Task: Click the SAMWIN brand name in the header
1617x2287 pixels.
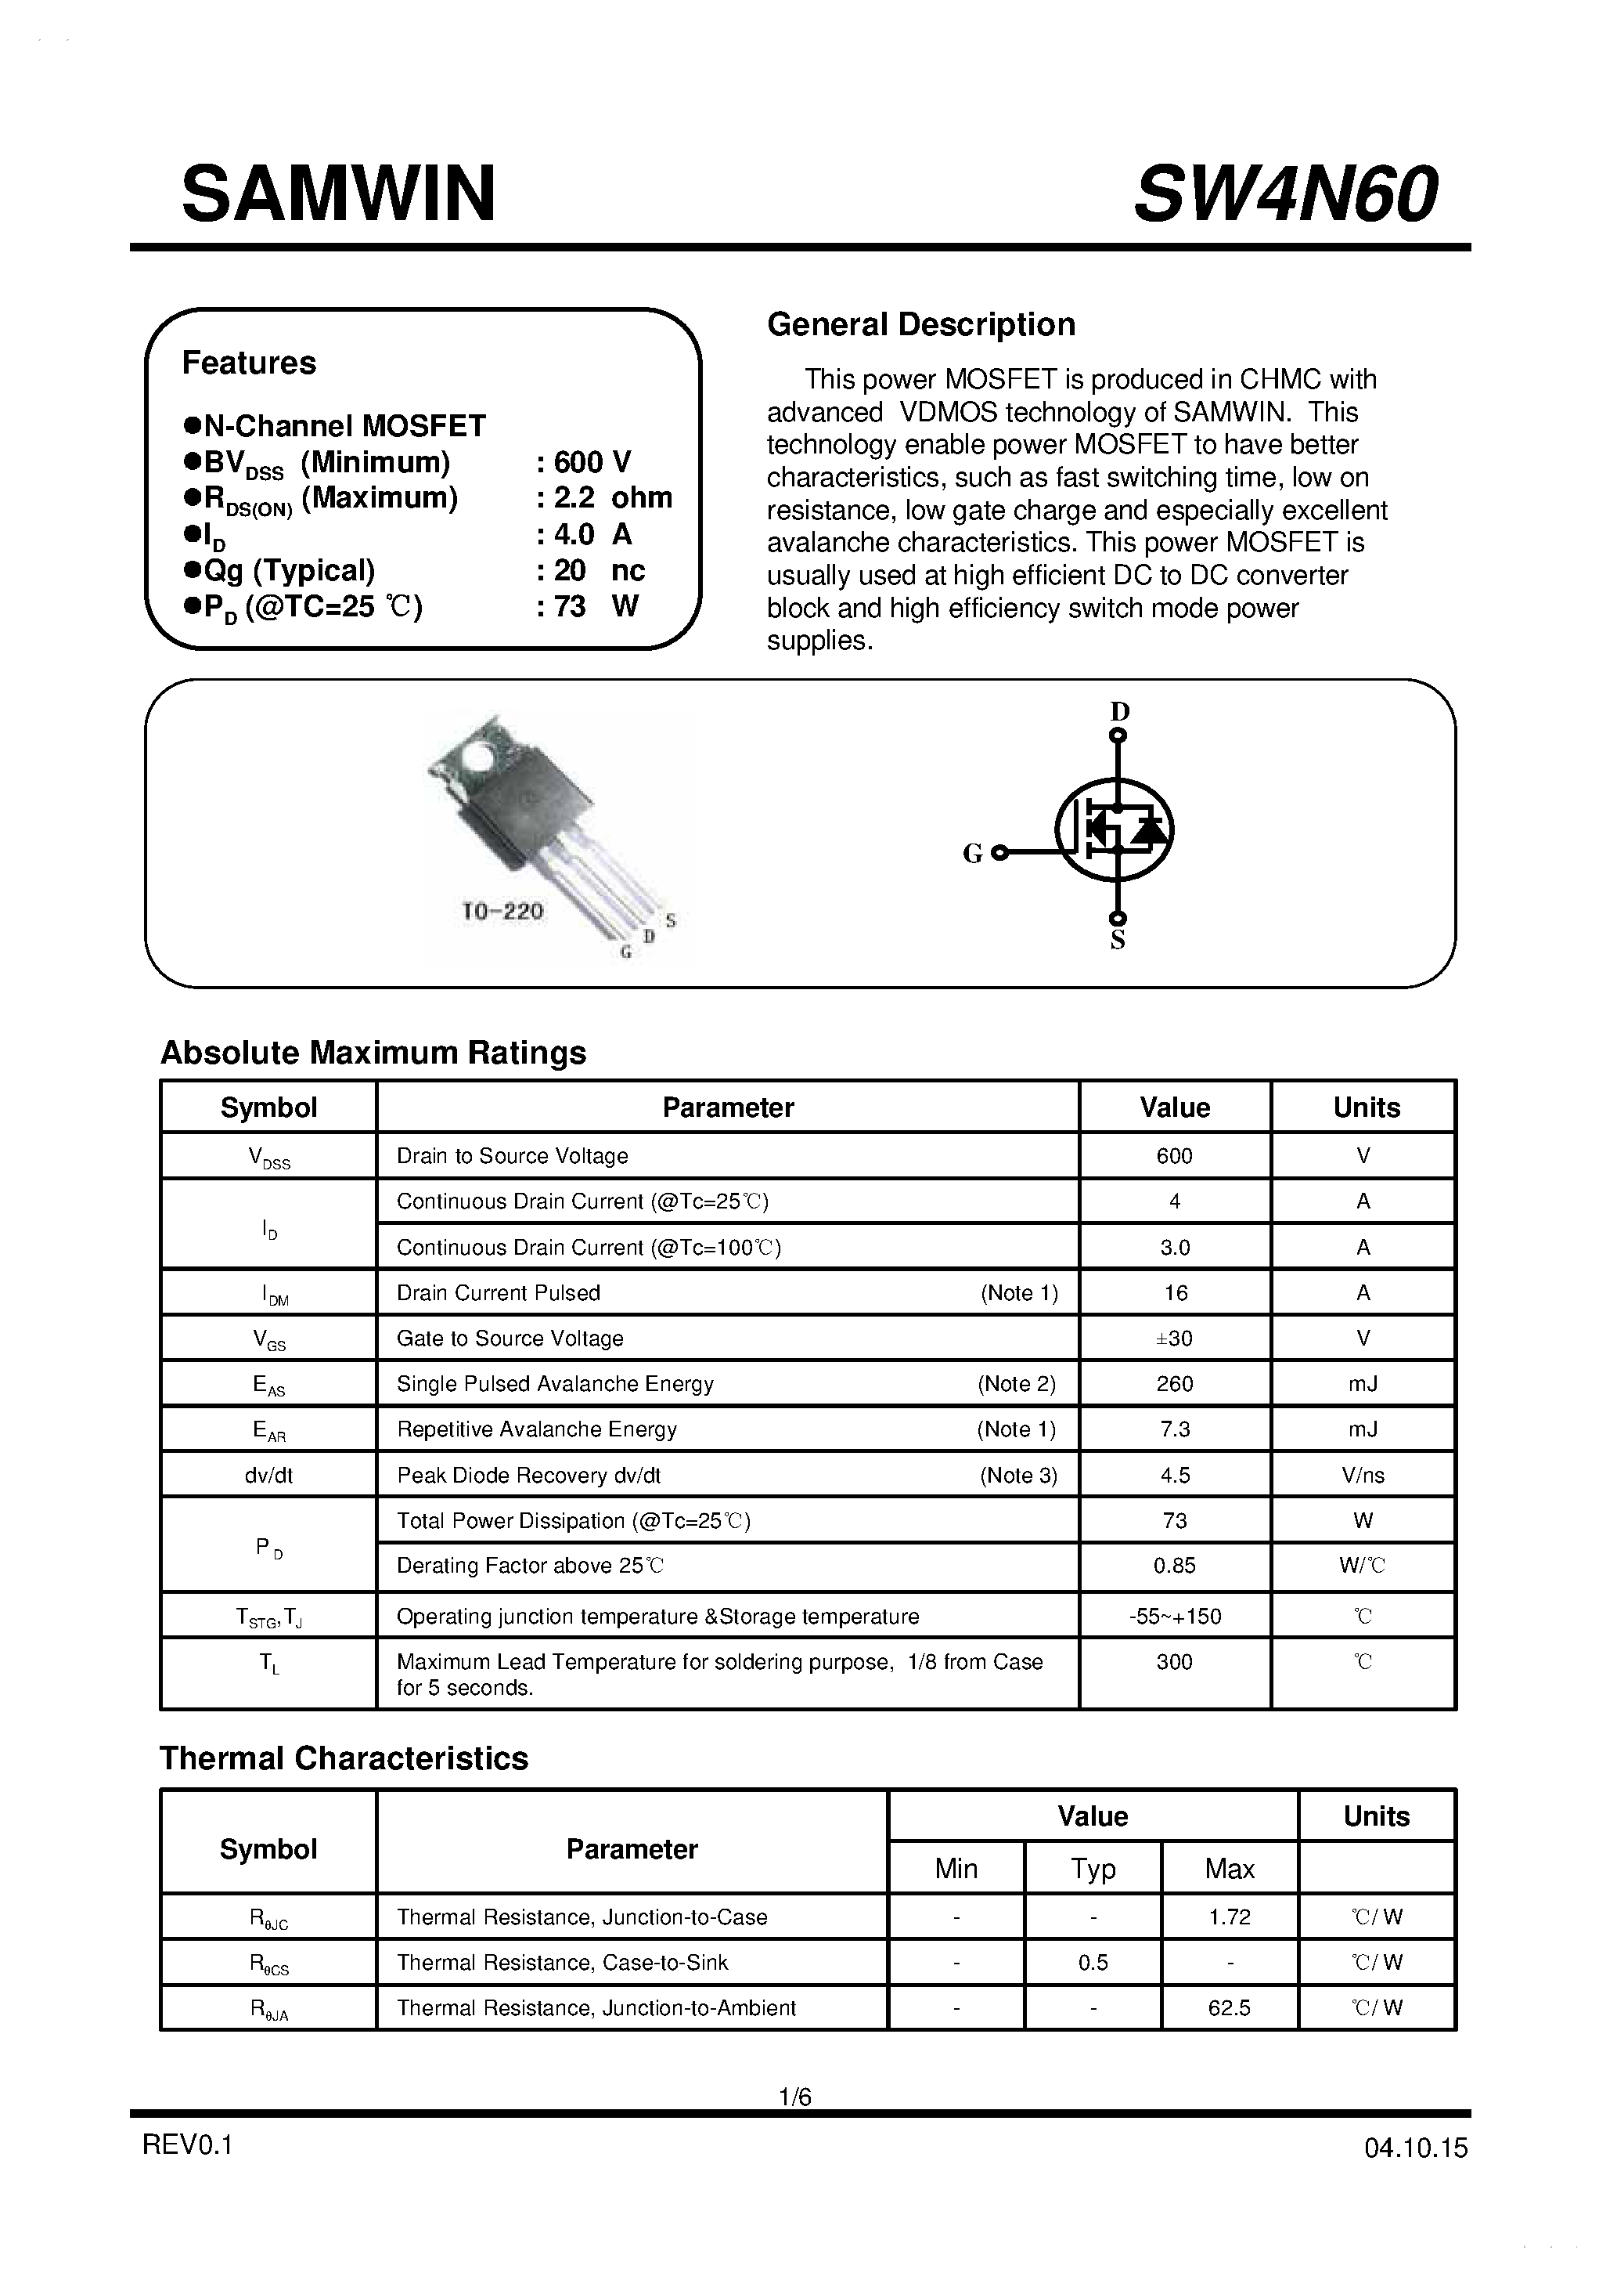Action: point(339,194)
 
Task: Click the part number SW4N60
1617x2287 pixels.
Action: point(1285,194)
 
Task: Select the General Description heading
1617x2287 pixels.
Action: point(921,325)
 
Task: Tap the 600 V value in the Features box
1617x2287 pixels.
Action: point(592,462)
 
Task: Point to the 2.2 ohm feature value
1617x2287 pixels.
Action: point(612,498)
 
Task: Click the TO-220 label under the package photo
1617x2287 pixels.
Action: point(502,910)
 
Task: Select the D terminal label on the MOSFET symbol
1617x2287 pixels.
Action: point(1120,711)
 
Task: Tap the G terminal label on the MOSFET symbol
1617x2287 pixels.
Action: point(973,854)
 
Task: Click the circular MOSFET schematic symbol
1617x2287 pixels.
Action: point(1115,829)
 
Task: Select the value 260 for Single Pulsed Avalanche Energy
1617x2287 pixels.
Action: point(1175,1383)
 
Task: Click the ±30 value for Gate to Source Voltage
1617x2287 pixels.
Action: point(1175,1338)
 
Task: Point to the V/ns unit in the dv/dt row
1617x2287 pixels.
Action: point(1363,1476)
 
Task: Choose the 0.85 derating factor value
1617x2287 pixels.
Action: point(1175,1566)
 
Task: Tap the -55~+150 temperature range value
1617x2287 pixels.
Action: point(1175,1616)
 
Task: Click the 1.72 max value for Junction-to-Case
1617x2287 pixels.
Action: point(1229,1917)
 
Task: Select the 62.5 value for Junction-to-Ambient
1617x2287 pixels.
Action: point(1229,2008)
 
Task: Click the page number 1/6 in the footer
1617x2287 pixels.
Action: point(795,2097)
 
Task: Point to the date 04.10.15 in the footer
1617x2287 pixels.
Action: point(1416,2148)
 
